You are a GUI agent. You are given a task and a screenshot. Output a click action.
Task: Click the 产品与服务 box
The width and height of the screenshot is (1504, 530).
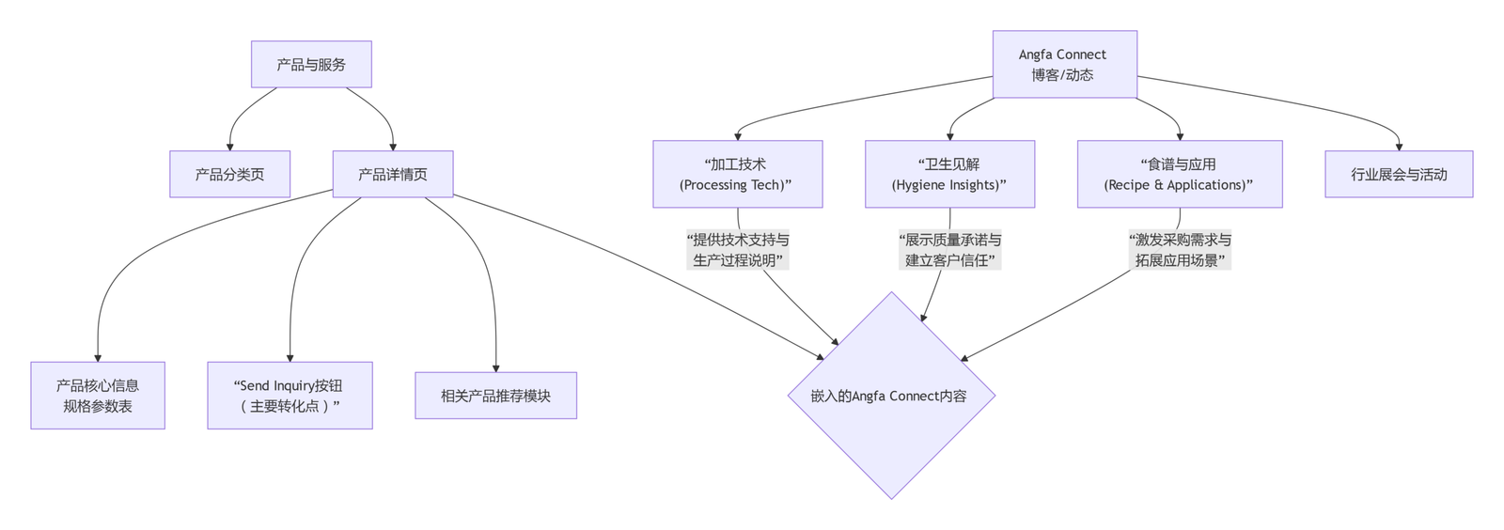tap(311, 65)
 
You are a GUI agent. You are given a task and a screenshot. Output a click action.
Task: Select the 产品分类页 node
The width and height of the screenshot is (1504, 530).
tap(229, 174)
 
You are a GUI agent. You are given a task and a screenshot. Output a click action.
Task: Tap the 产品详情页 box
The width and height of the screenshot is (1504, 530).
tap(393, 174)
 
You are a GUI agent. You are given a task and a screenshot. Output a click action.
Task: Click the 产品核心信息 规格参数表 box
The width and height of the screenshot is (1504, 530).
tap(98, 396)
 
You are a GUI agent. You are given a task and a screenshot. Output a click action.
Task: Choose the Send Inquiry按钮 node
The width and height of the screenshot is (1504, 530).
tap(290, 396)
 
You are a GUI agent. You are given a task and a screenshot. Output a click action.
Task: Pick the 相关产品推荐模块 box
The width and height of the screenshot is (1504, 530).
tap(495, 396)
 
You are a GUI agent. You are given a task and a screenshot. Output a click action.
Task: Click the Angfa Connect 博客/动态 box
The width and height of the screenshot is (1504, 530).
tap(1064, 64)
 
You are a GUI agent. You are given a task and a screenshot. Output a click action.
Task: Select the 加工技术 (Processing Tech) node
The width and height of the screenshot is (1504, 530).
tap(737, 174)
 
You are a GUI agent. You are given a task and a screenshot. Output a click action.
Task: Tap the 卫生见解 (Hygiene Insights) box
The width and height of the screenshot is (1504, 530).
tap(949, 174)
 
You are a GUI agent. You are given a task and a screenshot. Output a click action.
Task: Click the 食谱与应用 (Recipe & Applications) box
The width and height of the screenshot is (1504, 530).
tap(1179, 174)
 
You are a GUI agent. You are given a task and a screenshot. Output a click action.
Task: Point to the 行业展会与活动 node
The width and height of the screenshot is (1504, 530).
tap(1399, 174)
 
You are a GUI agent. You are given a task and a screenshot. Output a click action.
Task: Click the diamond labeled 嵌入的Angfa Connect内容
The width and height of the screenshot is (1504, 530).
tap(890, 396)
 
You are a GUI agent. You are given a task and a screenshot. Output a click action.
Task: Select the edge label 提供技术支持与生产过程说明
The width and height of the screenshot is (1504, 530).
tap(738, 250)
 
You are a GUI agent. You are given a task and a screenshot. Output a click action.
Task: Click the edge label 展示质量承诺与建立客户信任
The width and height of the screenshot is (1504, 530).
tap(949, 250)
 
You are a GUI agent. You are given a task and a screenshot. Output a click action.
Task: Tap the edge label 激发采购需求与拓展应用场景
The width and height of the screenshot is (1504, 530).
tap(1180, 250)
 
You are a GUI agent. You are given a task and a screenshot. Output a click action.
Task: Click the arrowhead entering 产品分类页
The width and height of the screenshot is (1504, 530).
tap(229, 147)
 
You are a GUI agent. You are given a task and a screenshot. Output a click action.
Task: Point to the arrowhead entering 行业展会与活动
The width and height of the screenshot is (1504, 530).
tap(1399, 147)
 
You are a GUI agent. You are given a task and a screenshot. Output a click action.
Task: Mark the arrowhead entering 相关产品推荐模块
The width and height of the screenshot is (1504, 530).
tap(495, 367)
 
